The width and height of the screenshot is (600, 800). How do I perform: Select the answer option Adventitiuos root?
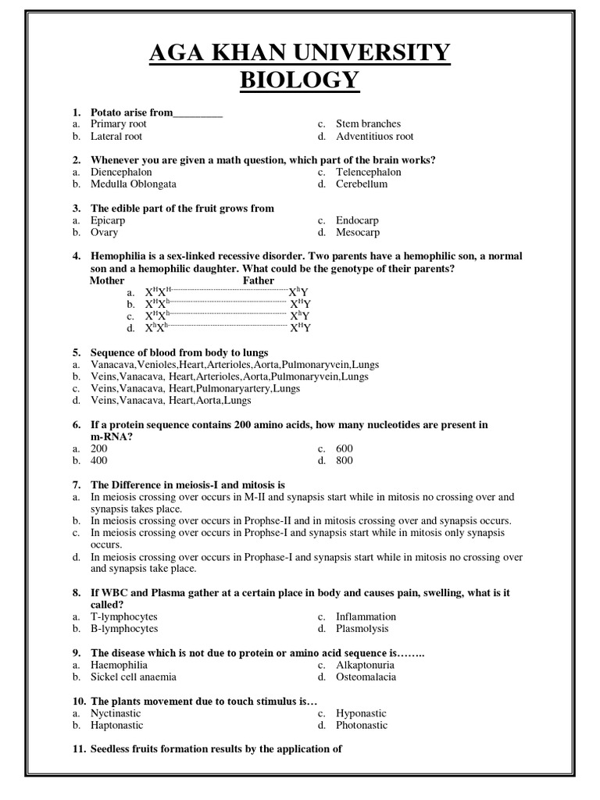coord(375,136)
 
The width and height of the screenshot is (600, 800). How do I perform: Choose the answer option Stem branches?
coord(368,123)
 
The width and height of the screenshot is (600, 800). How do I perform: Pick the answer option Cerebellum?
coord(362,184)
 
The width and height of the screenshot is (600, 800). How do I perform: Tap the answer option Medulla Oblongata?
coord(134,184)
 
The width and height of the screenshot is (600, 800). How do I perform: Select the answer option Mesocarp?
coord(358,233)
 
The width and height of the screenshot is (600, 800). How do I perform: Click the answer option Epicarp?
coord(108,220)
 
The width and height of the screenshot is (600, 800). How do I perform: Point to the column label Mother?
coord(107,280)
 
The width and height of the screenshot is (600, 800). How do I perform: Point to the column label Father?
coord(259,280)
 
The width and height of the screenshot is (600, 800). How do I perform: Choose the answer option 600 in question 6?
coord(345,448)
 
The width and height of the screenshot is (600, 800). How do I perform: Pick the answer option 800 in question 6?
coord(345,461)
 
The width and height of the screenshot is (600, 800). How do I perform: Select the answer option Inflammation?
coord(366,616)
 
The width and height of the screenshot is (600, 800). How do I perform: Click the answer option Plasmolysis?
coord(362,629)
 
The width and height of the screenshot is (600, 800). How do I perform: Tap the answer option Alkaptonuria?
coord(365,665)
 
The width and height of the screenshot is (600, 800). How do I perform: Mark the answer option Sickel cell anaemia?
coord(134,677)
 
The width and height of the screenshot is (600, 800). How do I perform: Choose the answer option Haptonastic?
coord(117,726)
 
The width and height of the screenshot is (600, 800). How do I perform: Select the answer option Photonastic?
coord(362,726)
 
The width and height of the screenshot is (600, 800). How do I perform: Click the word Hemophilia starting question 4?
coord(118,256)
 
